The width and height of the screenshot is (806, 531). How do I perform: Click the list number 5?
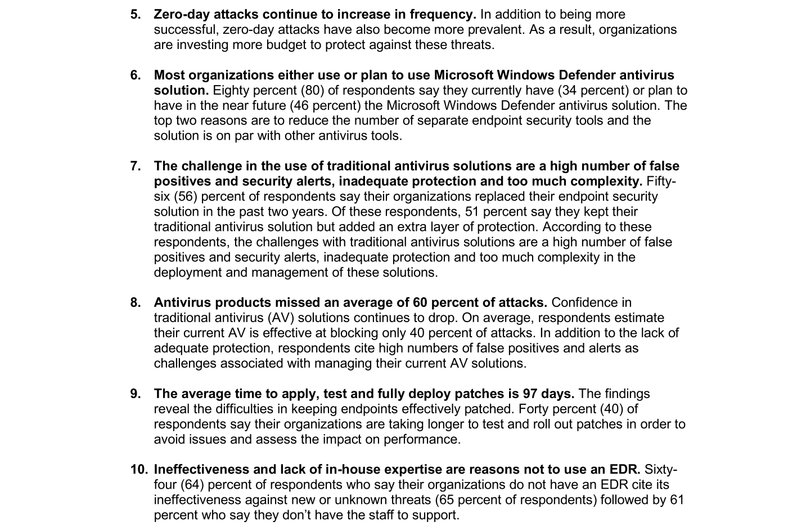[136, 14]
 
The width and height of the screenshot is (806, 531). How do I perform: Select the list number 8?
[136, 302]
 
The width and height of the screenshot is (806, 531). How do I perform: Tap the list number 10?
[139, 469]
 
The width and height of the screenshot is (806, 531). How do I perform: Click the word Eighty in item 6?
[231, 90]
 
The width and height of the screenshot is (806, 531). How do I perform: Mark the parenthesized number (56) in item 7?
[186, 197]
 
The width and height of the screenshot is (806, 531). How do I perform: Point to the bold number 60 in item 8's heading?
[421, 302]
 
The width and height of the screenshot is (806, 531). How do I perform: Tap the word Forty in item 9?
[534, 409]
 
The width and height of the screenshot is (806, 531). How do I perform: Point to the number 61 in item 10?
[677, 499]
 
